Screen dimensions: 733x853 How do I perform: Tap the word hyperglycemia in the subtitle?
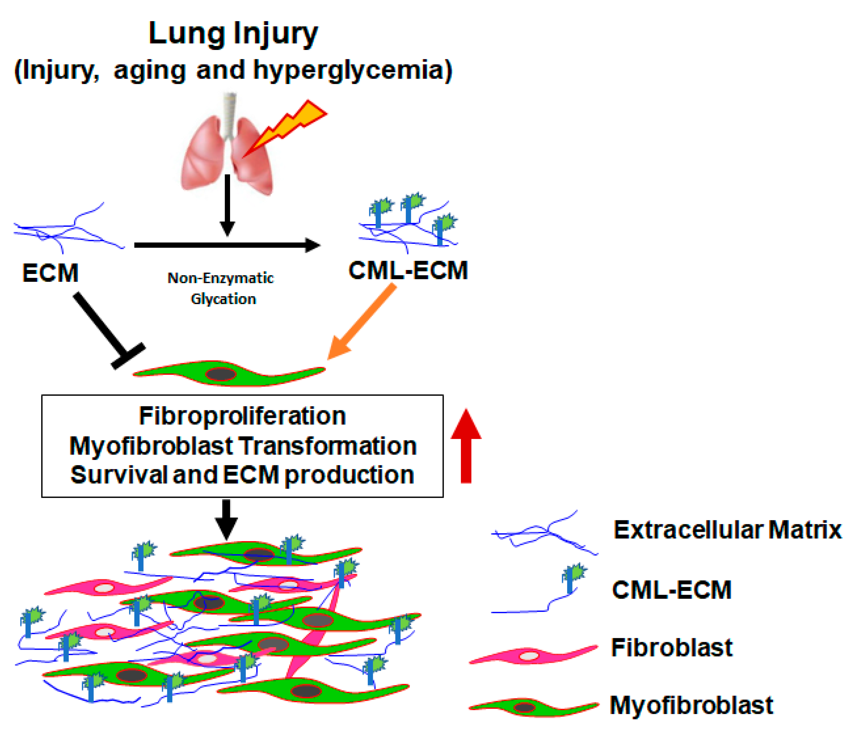[x=352, y=70]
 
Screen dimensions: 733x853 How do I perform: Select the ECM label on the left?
[x=50, y=273]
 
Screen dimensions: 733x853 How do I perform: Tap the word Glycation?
[x=223, y=299]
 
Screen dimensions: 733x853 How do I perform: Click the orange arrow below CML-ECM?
[x=362, y=321]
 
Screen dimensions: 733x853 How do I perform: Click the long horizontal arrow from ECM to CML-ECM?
[x=226, y=245]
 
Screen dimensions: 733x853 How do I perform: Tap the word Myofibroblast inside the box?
[x=152, y=446]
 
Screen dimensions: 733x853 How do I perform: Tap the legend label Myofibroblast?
[x=692, y=705]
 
